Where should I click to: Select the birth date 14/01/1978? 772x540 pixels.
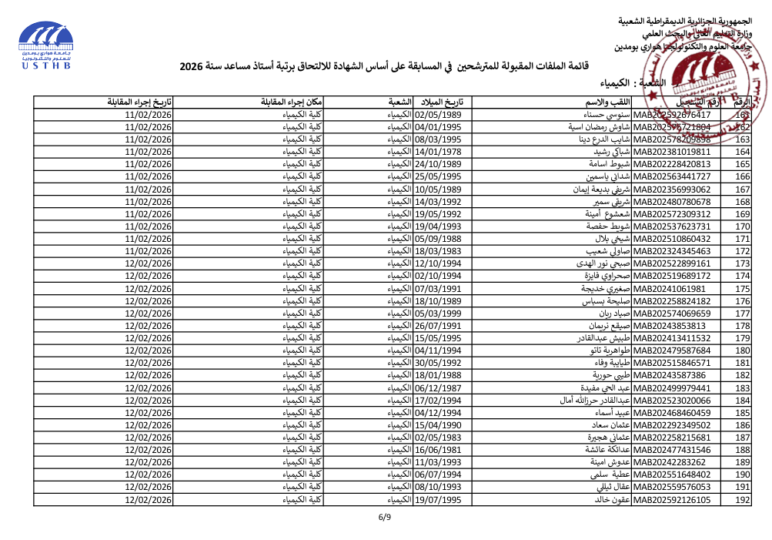coord(438,152)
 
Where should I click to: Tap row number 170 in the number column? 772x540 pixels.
coord(743,226)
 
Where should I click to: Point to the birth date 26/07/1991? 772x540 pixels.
coord(438,326)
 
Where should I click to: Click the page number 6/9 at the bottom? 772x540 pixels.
coord(385,517)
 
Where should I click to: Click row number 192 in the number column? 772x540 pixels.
coord(743,500)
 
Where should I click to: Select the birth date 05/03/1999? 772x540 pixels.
coord(438,314)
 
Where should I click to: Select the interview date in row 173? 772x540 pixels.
coord(148,263)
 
